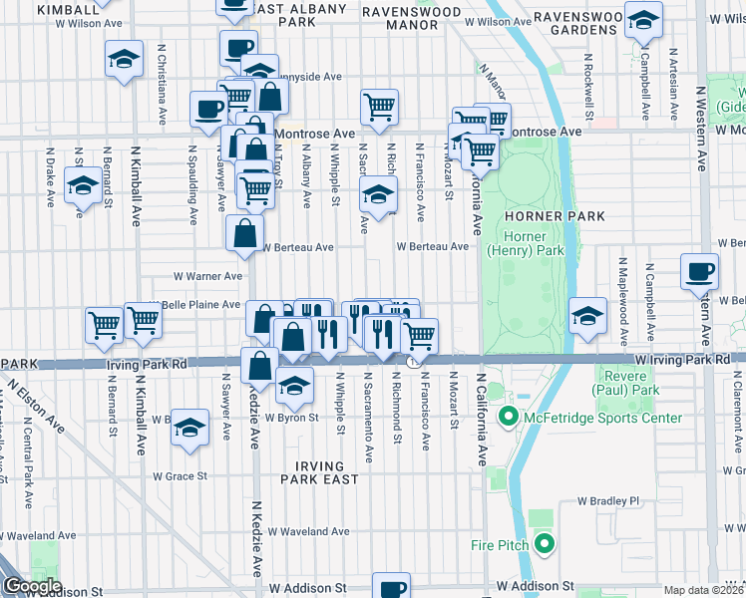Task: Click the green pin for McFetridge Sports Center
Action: coord(507,418)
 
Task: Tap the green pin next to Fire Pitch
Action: coord(544,544)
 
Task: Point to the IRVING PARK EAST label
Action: coord(319,472)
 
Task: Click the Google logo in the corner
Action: coord(33,586)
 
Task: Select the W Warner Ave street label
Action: coord(207,276)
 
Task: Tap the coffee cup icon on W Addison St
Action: coord(391,586)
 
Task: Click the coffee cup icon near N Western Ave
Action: coord(699,271)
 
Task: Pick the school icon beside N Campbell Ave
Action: coord(643,20)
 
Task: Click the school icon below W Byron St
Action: coord(187,427)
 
